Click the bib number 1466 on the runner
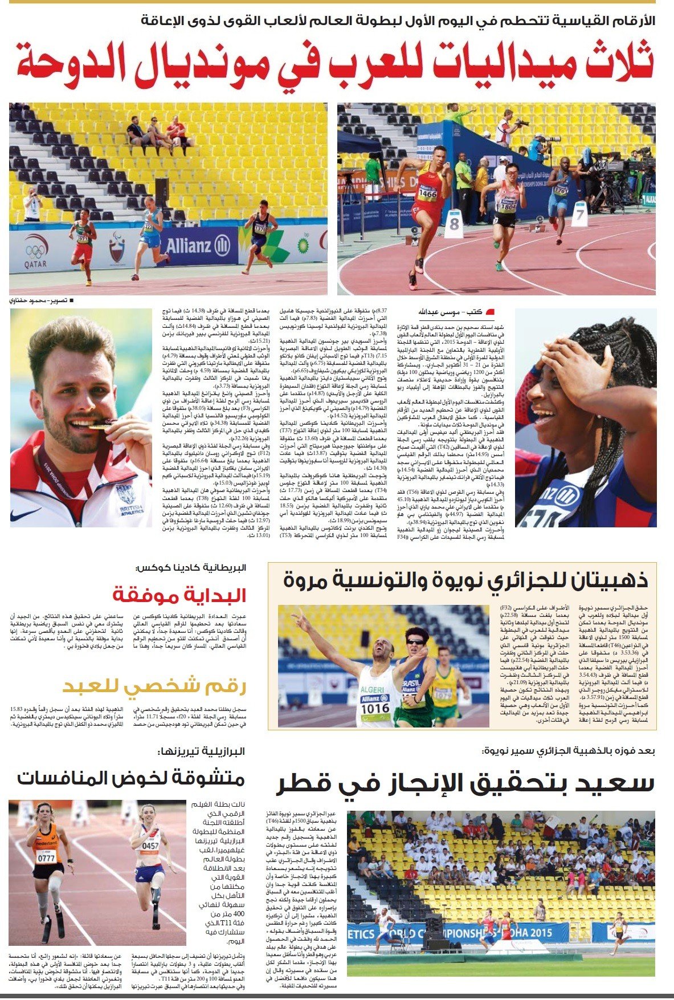point(427,193)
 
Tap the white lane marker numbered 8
point(454,223)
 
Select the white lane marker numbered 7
point(580,214)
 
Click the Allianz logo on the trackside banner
point(197,246)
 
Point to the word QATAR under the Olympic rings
point(35,265)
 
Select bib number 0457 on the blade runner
point(150,846)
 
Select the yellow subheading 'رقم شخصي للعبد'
point(154,686)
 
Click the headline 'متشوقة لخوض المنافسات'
point(130,778)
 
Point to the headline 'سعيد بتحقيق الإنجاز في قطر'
point(465,784)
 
